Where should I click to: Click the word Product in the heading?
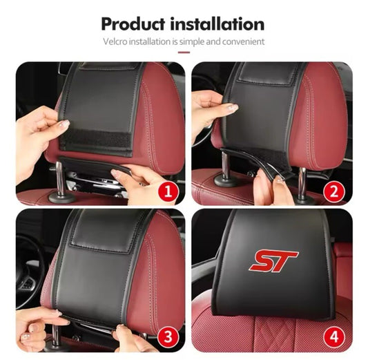[x=133, y=24]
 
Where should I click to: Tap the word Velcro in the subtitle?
[x=115, y=41]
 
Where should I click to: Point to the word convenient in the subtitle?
[x=243, y=41]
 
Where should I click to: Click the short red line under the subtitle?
[x=184, y=52]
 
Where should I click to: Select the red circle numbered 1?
[x=168, y=191]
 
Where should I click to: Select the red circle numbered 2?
[x=334, y=191]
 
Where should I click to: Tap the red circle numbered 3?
[x=168, y=337]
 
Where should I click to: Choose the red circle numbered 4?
[x=334, y=337]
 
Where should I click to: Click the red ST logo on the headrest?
[x=273, y=260]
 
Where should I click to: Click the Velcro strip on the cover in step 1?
[x=95, y=141]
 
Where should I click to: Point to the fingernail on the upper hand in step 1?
[x=64, y=123]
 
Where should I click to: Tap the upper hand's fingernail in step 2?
[x=233, y=107]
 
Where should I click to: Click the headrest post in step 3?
[x=55, y=334]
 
